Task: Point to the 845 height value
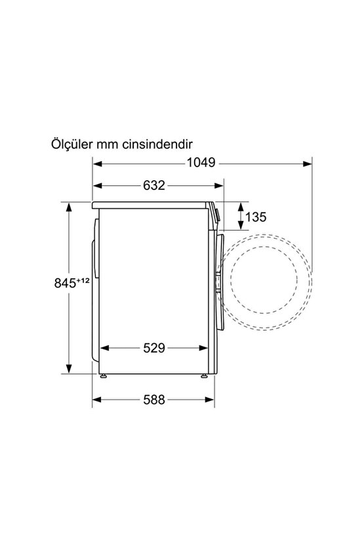click(x=66, y=284)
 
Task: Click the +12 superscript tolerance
click(x=83, y=280)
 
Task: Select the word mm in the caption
click(x=106, y=143)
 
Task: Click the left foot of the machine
click(x=104, y=376)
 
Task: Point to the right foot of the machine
click(x=204, y=376)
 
